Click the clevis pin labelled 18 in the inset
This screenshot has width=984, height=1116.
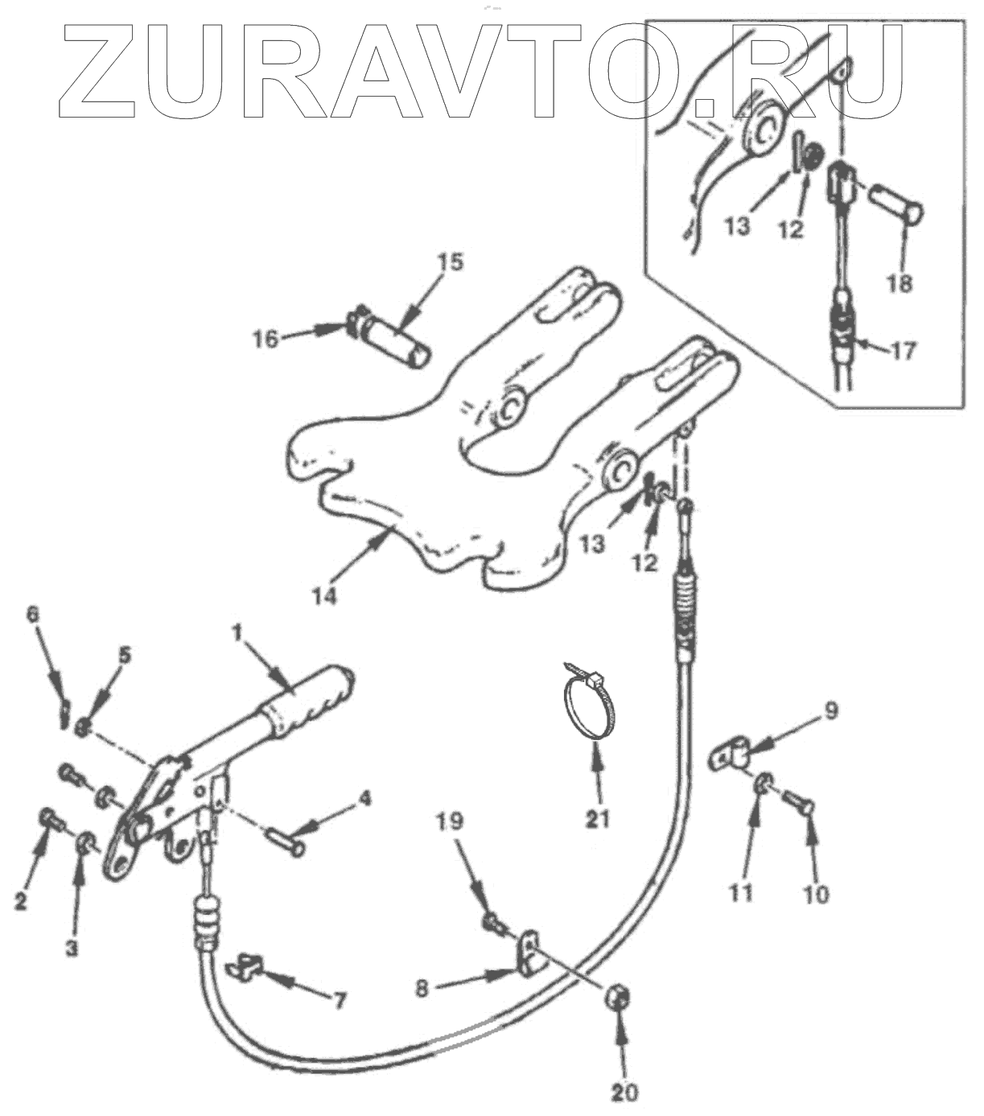tap(894, 205)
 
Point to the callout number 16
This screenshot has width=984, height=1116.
tap(266, 338)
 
